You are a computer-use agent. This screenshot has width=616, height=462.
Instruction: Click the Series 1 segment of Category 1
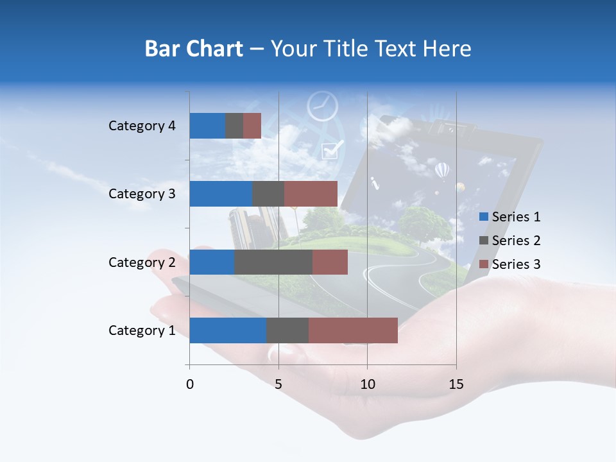[228, 330]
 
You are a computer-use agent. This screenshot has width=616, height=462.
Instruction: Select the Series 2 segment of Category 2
[273, 262]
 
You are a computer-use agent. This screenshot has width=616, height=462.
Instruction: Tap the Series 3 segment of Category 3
[311, 194]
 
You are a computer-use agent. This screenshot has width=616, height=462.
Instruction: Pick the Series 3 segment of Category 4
[252, 126]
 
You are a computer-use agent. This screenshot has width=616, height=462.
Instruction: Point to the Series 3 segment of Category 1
[353, 330]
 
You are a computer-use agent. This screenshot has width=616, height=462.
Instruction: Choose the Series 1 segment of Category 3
[221, 194]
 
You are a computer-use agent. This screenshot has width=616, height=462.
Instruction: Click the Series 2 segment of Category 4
[234, 126]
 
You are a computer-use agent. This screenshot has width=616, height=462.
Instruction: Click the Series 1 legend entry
[509, 217]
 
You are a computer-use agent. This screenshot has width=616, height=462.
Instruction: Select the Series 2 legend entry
[509, 241]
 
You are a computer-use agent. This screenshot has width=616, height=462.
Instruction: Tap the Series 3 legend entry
[509, 264]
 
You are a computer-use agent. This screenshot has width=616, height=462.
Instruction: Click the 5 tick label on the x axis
[278, 384]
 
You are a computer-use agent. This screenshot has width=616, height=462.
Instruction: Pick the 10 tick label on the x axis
[367, 384]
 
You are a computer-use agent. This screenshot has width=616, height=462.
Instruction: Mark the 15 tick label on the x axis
[456, 384]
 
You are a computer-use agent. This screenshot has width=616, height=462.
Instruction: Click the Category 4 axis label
[142, 126]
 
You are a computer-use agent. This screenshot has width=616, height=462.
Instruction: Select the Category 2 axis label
[142, 262]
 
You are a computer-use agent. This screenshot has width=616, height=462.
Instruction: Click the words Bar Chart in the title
[194, 49]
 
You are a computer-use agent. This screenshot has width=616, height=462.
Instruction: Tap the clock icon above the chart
[322, 106]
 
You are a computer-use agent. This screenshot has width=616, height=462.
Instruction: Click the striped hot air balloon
[442, 171]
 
